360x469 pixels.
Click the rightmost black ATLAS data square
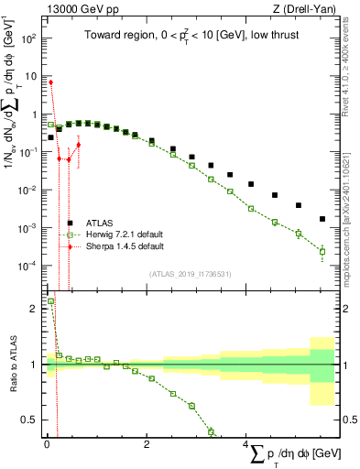tap(322, 219)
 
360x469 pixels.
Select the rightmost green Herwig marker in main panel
tap(322, 251)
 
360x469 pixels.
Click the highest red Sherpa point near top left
tap(50, 82)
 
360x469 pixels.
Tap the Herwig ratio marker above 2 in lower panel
tap(50, 300)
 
